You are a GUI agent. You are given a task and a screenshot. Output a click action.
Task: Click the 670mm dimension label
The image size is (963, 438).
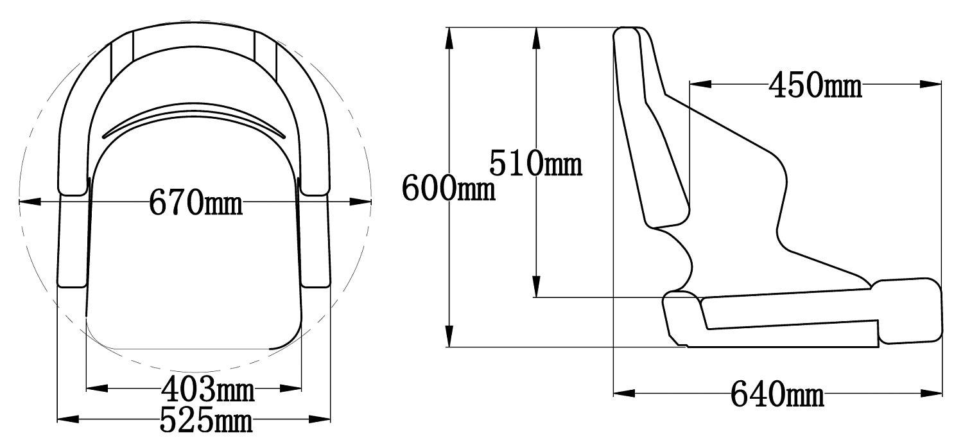[x=196, y=202]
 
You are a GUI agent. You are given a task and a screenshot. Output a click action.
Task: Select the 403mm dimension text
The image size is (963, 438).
[x=207, y=389]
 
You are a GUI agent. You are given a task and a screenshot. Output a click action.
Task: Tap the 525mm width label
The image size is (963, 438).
[x=206, y=419]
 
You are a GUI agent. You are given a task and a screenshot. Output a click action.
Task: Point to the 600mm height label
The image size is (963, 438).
[x=448, y=188]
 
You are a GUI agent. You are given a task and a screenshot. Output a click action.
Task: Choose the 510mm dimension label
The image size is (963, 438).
[x=535, y=164]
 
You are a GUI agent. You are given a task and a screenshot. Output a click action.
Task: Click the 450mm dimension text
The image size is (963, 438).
[x=815, y=85]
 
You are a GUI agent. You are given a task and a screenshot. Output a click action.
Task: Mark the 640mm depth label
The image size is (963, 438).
[x=777, y=394]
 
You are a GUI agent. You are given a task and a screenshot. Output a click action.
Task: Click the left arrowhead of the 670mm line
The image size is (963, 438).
[x=30, y=202]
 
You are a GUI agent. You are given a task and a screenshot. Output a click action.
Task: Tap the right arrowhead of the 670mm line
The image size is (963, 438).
[x=360, y=202]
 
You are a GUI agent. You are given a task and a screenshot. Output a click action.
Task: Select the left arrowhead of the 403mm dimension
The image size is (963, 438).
[x=97, y=389]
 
